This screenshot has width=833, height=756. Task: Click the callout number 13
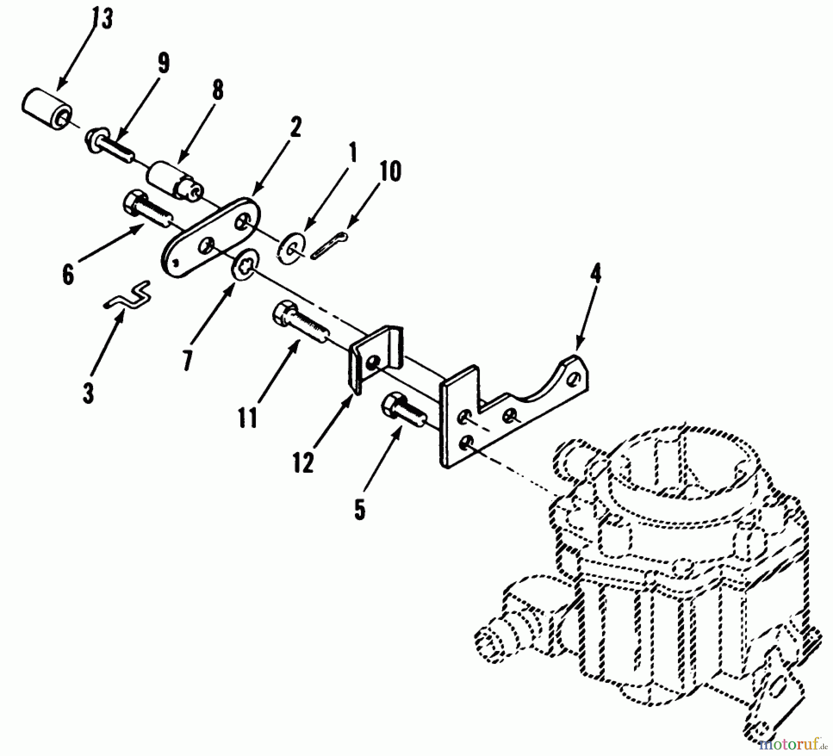click(x=102, y=19)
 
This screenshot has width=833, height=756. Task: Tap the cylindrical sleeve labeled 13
click(x=46, y=111)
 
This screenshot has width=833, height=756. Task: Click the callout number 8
click(x=217, y=90)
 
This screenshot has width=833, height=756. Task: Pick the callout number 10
click(x=391, y=171)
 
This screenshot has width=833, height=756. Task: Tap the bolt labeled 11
click(x=301, y=322)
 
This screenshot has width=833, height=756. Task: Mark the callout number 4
click(x=596, y=275)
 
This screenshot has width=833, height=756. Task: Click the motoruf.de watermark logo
click(x=795, y=744)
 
